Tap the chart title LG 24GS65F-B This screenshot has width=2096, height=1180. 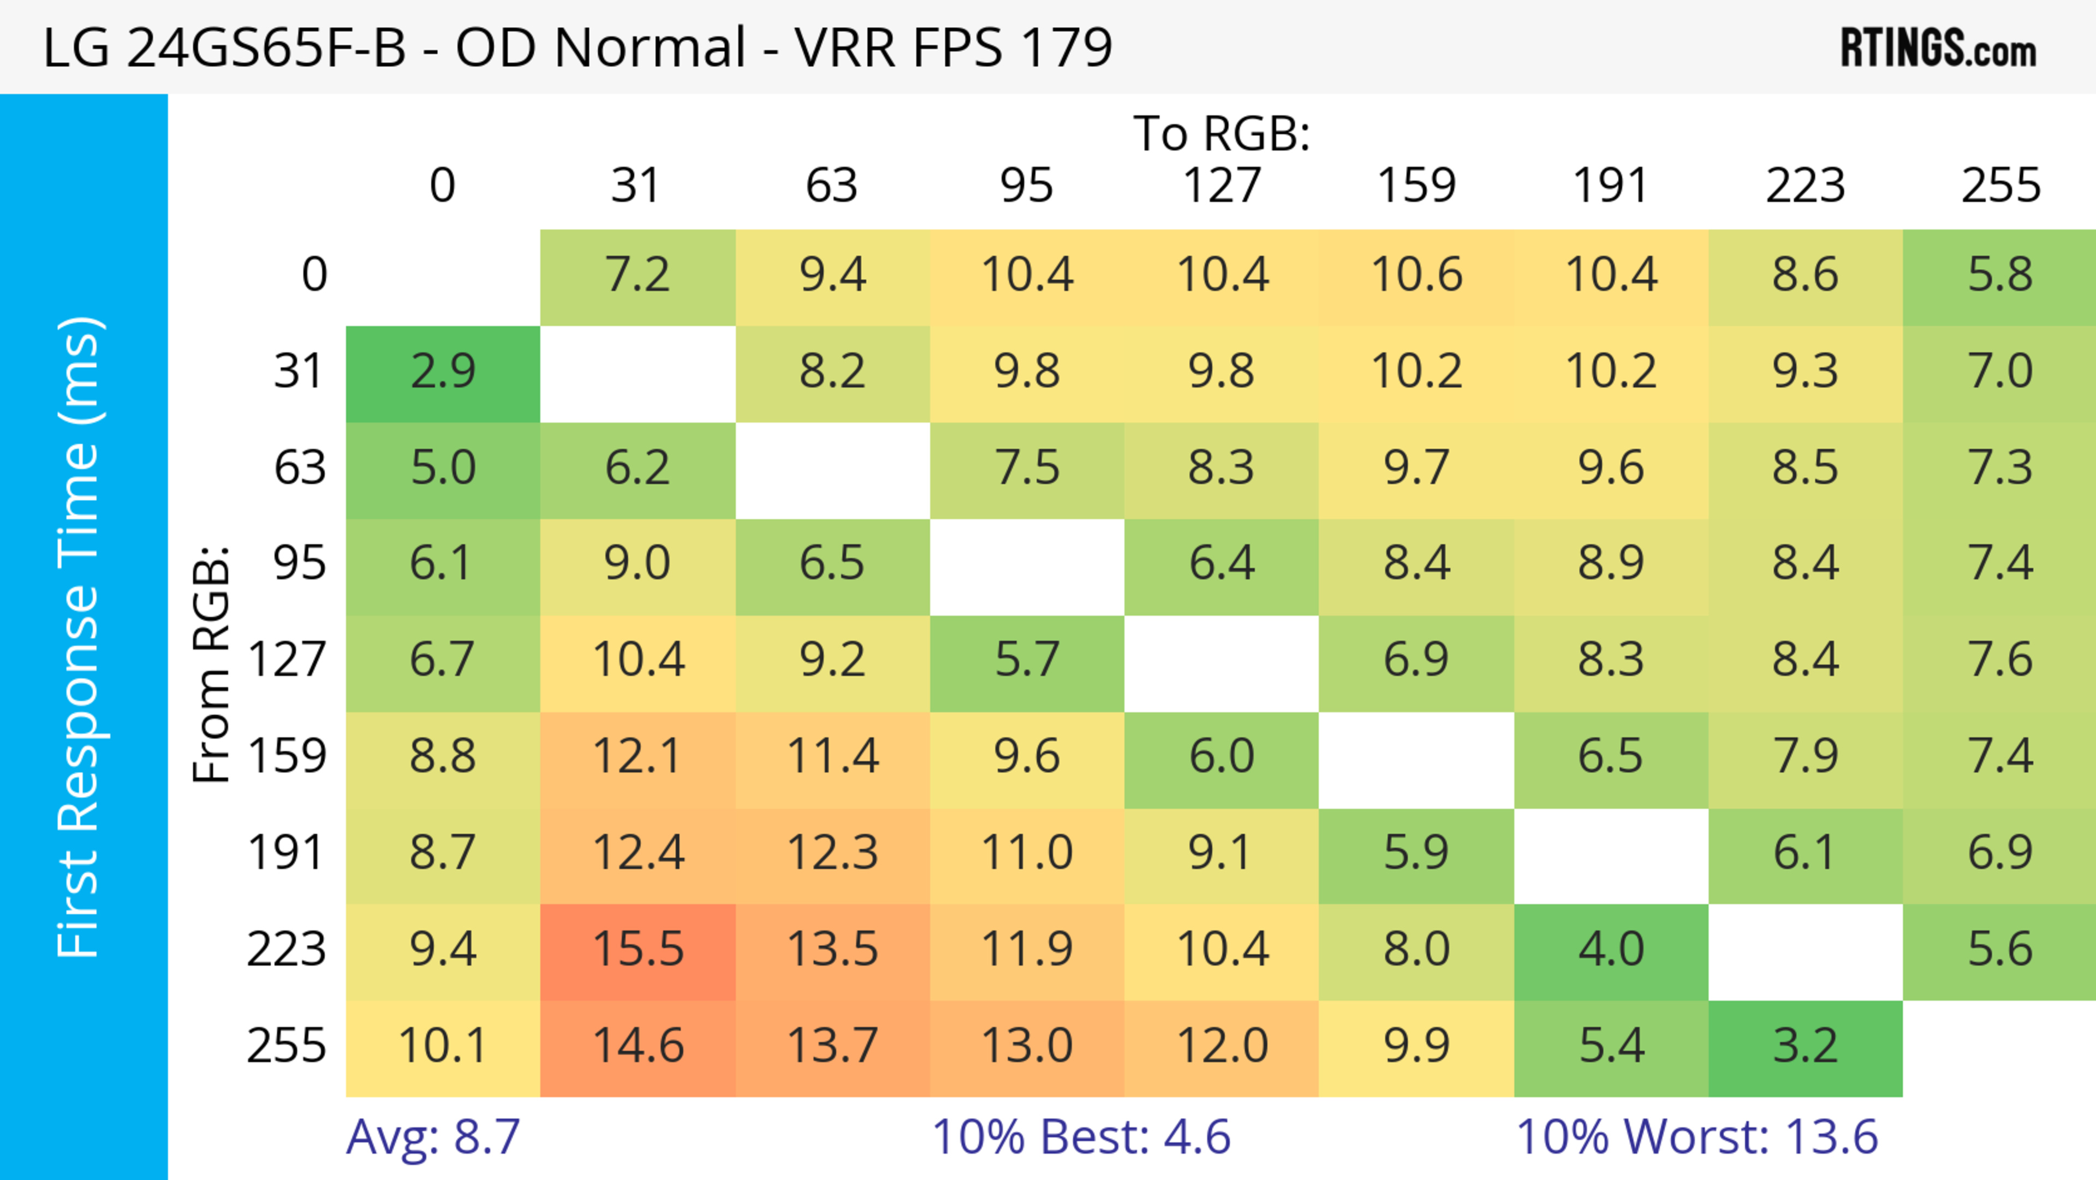click(x=577, y=47)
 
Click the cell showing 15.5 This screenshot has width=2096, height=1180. click(x=638, y=950)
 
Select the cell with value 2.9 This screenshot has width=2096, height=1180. click(x=443, y=372)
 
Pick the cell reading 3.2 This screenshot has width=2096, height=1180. click(x=1805, y=1046)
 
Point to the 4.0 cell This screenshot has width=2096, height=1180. click(x=1610, y=950)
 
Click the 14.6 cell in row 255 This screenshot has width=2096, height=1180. click(x=638, y=1046)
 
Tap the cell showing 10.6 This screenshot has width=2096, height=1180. click(x=1416, y=275)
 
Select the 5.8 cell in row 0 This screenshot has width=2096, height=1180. click(x=1999, y=275)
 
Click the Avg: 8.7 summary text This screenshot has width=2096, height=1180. click(x=433, y=1137)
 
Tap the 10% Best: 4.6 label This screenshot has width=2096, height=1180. click(x=1081, y=1137)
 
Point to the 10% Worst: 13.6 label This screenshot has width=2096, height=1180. click(x=1696, y=1137)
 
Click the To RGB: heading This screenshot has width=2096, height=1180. click(x=1222, y=133)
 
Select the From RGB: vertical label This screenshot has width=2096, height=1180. click(x=212, y=663)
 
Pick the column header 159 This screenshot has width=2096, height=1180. click(x=1416, y=186)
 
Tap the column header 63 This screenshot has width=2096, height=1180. click(x=831, y=186)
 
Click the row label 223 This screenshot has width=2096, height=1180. click(x=287, y=950)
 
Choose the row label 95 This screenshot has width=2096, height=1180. click(x=300, y=563)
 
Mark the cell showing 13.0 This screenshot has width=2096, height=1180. click(x=1027, y=1046)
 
